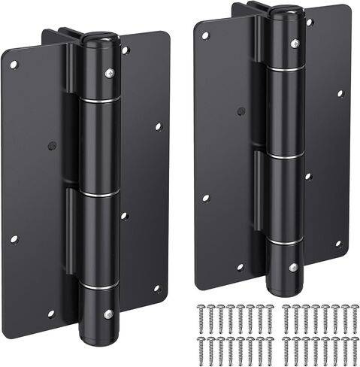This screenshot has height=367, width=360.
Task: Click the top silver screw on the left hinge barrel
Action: coord(110,73)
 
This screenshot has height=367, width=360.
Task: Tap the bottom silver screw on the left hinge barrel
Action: coord(109,313)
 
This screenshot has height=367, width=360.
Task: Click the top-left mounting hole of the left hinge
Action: coord(13,64)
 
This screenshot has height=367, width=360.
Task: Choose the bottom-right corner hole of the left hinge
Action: coord(158,288)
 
